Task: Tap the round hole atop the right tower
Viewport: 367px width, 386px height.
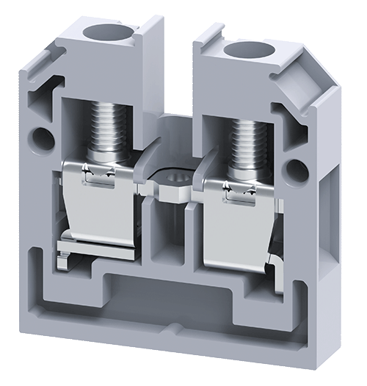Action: tap(248, 50)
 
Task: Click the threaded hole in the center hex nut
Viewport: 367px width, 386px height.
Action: tap(175, 179)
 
